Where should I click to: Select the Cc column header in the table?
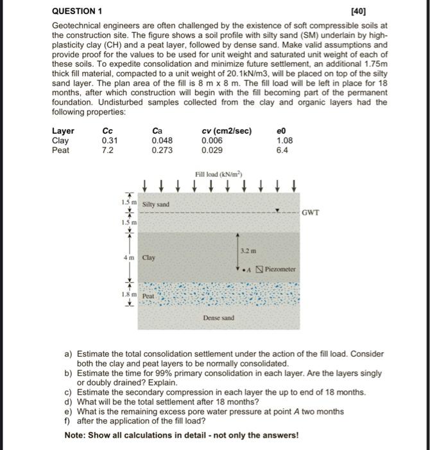pos(108,131)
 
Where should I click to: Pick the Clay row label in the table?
pos(60,140)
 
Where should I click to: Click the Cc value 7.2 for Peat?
pos(107,150)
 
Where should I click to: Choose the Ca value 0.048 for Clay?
pos(162,140)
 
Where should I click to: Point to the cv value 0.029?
pos(212,150)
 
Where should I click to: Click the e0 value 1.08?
pos(286,140)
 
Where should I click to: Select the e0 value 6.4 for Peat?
pos(283,150)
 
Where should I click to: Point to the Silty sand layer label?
pos(155,204)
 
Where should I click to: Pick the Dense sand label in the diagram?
pos(218,318)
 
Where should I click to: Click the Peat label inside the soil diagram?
pos(148,296)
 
